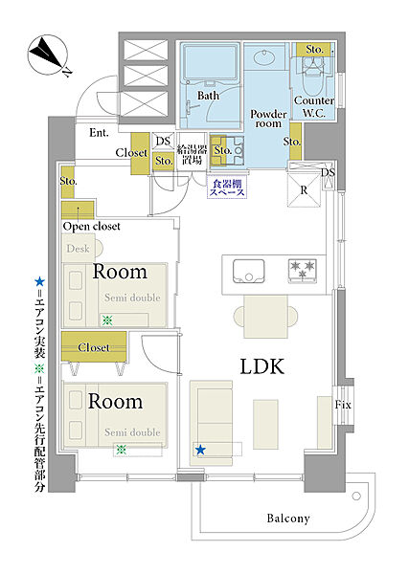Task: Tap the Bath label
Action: point(208,96)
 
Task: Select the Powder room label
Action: point(268,119)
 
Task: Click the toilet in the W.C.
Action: point(313,75)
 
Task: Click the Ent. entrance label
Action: point(99,133)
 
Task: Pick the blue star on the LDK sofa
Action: point(200,450)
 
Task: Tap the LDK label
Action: point(262,366)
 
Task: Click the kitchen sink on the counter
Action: point(248,272)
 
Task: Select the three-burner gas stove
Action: point(303,271)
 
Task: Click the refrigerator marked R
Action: point(304,190)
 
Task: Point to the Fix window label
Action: point(343,405)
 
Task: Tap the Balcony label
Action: point(288,519)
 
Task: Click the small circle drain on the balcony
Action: point(356,497)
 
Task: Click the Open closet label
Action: point(92,227)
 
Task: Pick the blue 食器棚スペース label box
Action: point(227,188)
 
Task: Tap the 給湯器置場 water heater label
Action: point(192,154)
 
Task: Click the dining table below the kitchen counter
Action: point(266,317)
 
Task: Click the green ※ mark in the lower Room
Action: point(122,450)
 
